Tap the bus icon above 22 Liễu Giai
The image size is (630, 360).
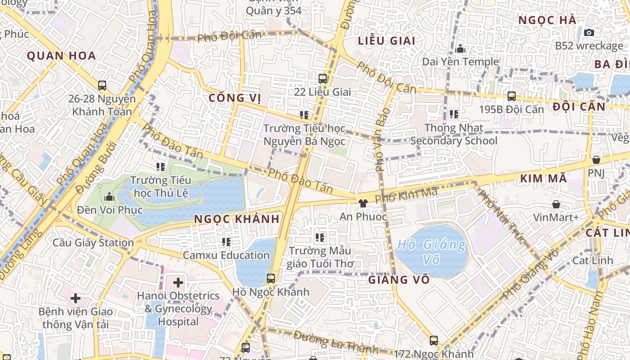click(x=323, y=78)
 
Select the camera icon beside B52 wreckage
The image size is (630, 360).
click(x=589, y=32)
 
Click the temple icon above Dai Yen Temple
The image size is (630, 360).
click(x=460, y=49)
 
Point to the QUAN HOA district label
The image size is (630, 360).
click(x=61, y=56)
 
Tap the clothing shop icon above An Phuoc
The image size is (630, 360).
click(x=363, y=203)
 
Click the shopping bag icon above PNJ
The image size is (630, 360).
click(x=596, y=160)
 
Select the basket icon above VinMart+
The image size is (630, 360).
click(x=556, y=204)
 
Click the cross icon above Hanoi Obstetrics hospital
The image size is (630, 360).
click(x=178, y=283)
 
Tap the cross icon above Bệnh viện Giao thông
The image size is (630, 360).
click(x=75, y=298)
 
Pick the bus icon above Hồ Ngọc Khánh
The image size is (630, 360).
click(x=270, y=278)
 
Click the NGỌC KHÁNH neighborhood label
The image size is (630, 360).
click(x=237, y=219)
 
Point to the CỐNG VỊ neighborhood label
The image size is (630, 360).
click(x=235, y=98)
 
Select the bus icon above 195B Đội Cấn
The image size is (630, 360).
click(x=511, y=96)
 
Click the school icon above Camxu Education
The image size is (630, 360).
click(x=226, y=242)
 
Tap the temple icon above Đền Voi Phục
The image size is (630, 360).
click(x=109, y=197)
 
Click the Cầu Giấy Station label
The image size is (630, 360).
click(x=93, y=243)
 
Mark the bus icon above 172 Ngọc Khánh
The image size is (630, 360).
click(x=433, y=341)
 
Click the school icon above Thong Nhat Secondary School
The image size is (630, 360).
click(x=454, y=114)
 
